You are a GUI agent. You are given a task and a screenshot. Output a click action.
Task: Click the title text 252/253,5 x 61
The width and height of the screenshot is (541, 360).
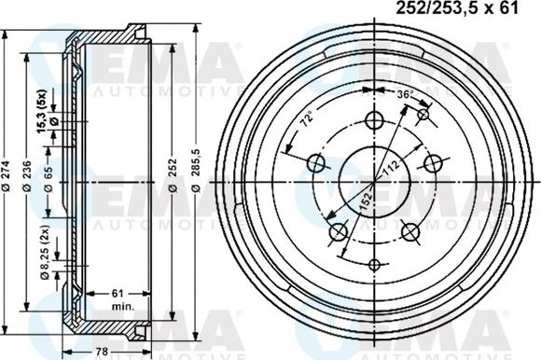coord(458,10)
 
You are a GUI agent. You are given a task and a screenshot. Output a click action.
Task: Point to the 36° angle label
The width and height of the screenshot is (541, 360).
coord(404,95)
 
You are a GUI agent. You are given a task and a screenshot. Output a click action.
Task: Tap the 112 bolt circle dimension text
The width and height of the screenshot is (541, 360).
coord(390,168)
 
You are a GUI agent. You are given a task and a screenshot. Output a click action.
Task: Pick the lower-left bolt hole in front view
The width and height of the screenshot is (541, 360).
coord(339,230)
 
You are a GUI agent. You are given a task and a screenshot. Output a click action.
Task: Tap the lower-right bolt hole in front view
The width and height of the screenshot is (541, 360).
coord(409,230)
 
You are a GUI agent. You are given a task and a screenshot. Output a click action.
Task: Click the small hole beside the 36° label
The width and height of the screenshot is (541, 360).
coord(424,114)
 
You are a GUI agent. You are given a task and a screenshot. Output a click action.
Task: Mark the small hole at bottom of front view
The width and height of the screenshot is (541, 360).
coord(375,264)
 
